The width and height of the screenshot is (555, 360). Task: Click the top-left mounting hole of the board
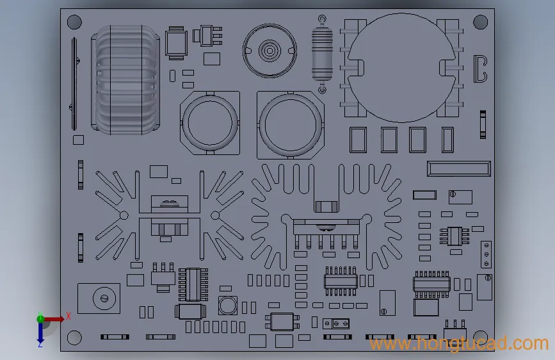(x=74, y=22)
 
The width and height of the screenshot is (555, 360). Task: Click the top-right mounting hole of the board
(x=480, y=22)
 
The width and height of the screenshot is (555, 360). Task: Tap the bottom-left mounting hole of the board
(x=74, y=338)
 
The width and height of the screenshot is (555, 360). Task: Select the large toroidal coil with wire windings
(x=125, y=79)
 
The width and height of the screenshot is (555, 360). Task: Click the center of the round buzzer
(x=269, y=51)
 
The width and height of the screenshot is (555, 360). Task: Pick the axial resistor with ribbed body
(x=322, y=54)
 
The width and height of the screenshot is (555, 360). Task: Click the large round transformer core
(x=402, y=68)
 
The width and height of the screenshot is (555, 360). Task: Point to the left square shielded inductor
(x=210, y=123)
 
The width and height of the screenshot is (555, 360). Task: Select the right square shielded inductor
(x=290, y=125)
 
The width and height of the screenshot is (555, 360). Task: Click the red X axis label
(x=68, y=316)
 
